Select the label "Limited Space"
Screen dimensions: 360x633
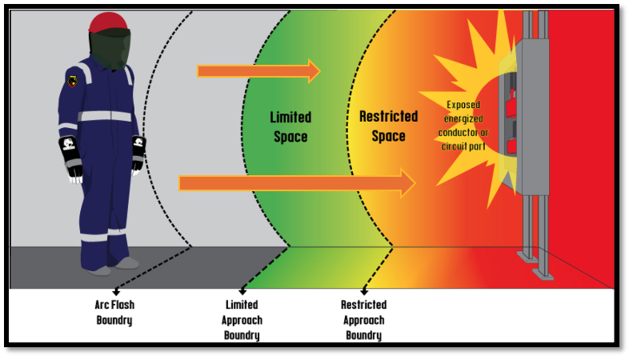point(290,126)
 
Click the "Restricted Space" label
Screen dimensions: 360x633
point(388,126)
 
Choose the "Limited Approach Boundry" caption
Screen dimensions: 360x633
point(242,320)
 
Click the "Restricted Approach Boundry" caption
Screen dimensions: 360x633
point(363,320)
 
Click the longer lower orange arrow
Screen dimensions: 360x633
point(296,183)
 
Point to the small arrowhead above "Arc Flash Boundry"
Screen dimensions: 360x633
point(117,293)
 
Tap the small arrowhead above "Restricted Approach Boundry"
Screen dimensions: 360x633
point(364,292)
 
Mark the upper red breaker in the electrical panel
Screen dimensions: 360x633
point(510,102)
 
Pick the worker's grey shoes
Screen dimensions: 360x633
point(112,266)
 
